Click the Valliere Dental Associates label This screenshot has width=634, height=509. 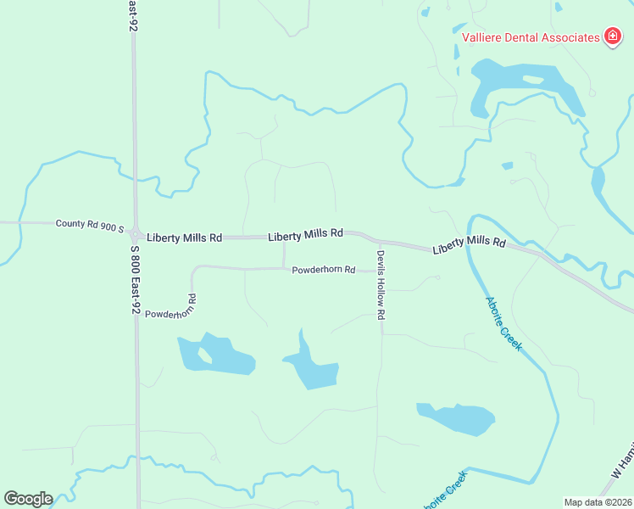tap(530, 36)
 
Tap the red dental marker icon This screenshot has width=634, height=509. tap(612, 36)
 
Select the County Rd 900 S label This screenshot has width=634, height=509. tap(90, 225)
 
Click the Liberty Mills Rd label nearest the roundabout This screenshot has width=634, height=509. tap(184, 238)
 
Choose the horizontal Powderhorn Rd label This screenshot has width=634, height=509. tap(323, 270)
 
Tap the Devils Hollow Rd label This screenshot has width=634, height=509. tap(381, 284)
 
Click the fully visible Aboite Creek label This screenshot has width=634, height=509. tap(504, 324)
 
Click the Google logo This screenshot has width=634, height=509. tap(28, 498)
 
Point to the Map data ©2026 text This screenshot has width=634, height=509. tap(598, 502)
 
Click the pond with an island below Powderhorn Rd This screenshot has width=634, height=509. tap(216, 355)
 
